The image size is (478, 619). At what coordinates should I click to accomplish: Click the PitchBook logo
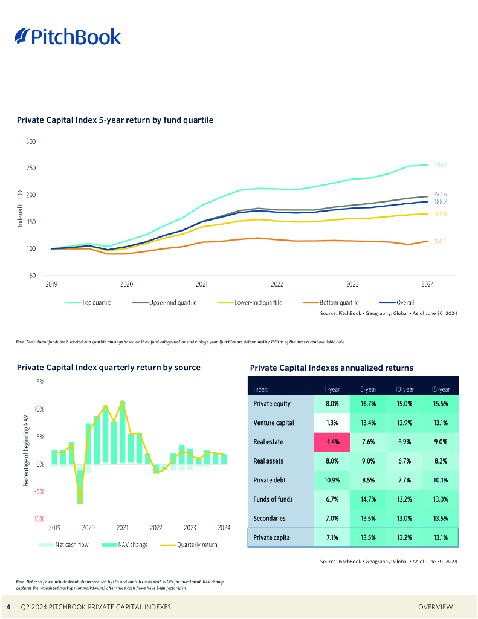click(x=68, y=37)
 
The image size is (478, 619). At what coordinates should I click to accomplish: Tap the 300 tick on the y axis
click(x=31, y=142)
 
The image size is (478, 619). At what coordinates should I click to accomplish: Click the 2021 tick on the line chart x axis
click(x=202, y=283)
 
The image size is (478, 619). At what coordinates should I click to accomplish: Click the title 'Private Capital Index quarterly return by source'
click(x=109, y=367)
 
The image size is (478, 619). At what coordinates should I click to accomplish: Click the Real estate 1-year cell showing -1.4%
click(x=332, y=442)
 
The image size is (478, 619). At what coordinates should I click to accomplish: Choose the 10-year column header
click(x=404, y=390)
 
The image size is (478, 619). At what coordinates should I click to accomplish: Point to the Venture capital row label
click(x=273, y=423)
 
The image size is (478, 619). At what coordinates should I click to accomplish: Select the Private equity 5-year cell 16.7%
click(x=369, y=403)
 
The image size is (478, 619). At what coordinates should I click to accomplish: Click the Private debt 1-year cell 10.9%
click(x=332, y=481)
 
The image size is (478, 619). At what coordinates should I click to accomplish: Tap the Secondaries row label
click(x=270, y=519)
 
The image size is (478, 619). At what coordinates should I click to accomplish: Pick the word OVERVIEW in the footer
click(x=435, y=606)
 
